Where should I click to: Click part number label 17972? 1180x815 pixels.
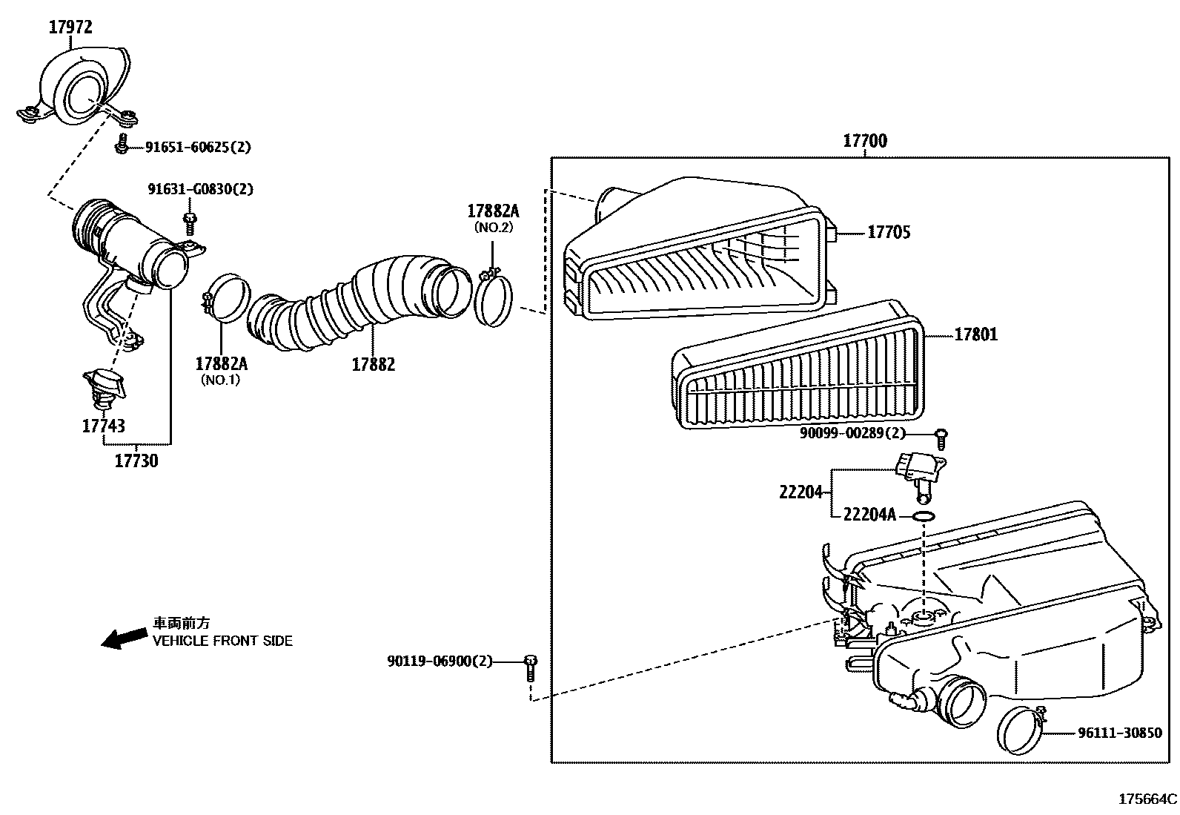click(x=70, y=27)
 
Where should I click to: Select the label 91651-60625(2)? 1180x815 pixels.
click(x=197, y=147)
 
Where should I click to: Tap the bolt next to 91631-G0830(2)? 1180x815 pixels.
click(x=190, y=222)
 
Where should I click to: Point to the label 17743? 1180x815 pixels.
click(x=103, y=426)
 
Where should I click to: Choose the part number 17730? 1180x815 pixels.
click(x=136, y=461)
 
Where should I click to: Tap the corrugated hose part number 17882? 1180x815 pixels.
click(x=373, y=365)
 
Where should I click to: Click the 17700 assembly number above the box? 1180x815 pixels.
click(x=864, y=141)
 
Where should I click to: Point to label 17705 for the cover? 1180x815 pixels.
click(x=889, y=232)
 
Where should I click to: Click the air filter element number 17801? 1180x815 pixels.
click(x=975, y=335)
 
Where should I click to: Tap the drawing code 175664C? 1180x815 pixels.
click(x=1147, y=799)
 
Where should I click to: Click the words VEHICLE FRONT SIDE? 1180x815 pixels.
click(x=222, y=641)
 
